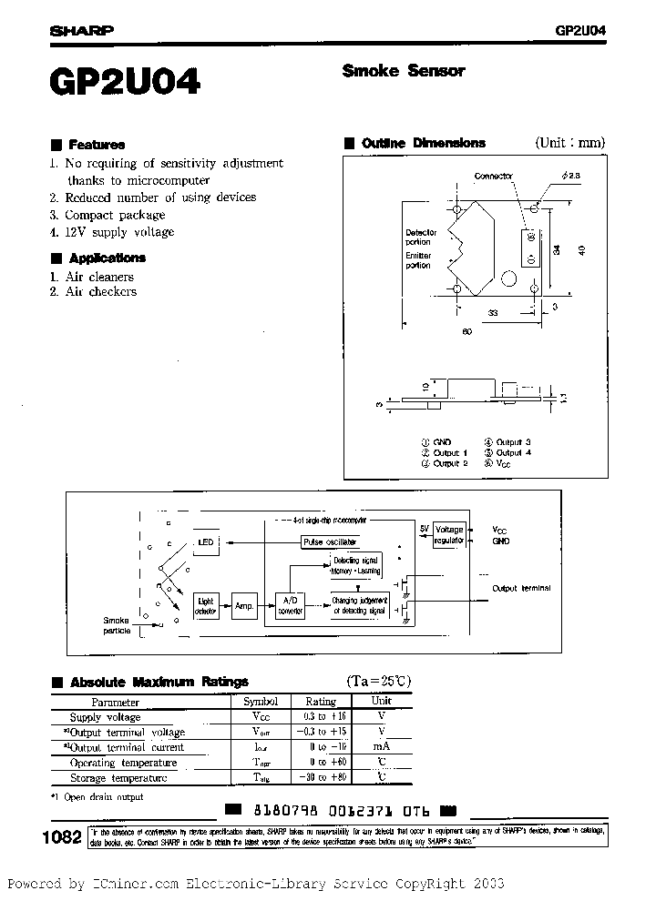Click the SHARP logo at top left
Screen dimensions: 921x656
pyautogui.click(x=81, y=29)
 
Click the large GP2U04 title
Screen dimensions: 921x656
pyautogui.click(x=124, y=84)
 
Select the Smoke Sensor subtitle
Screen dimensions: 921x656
pyautogui.click(x=404, y=71)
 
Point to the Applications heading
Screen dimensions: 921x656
pyautogui.click(x=107, y=258)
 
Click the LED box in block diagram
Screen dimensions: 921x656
pyautogui.click(x=206, y=542)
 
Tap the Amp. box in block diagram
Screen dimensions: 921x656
pyautogui.click(x=243, y=605)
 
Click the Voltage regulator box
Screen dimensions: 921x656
pyautogui.click(x=449, y=534)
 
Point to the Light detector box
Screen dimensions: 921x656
pyautogui.click(x=206, y=606)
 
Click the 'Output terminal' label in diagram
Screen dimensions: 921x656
pyautogui.click(x=521, y=588)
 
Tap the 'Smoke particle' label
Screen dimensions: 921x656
pyautogui.click(x=118, y=624)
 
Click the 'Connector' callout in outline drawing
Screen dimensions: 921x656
pyautogui.click(x=494, y=176)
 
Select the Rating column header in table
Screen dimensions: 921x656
pyautogui.click(x=320, y=702)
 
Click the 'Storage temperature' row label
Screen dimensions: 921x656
pyautogui.click(x=118, y=778)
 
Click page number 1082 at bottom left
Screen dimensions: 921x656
pyautogui.click(x=61, y=838)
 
